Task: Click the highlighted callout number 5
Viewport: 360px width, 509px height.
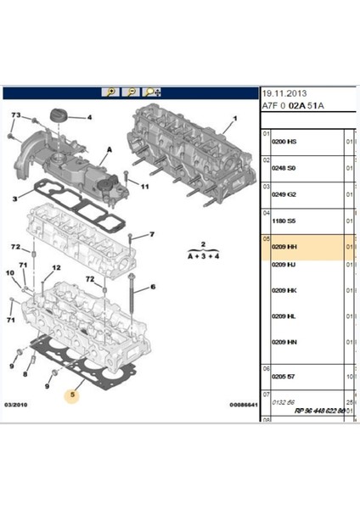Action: click(x=73, y=394)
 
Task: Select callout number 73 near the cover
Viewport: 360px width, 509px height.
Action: click(x=15, y=115)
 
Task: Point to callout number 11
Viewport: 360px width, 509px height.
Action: click(x=144, y=186)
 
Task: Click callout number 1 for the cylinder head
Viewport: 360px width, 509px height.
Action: click(x=226, y=128)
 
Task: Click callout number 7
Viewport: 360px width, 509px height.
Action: click(x=150, y=234)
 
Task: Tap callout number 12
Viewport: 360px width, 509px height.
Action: click(x=58, y=267)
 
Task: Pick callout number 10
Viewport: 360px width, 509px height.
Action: click(x=10, y=273)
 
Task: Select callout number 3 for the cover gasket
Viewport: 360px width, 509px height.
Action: click(x=14, y=199)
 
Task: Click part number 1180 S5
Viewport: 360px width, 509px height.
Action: click(x=283, y=221)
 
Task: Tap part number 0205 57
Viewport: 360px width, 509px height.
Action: click(x=283, y=375)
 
